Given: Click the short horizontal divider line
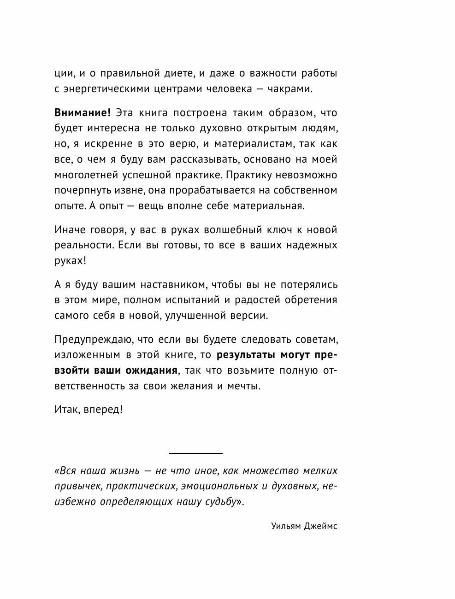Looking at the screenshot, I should click(x=196, y=453).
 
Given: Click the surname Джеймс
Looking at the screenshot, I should click(x=320, y=526).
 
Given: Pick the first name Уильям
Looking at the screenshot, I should click(x=285, y=526).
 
